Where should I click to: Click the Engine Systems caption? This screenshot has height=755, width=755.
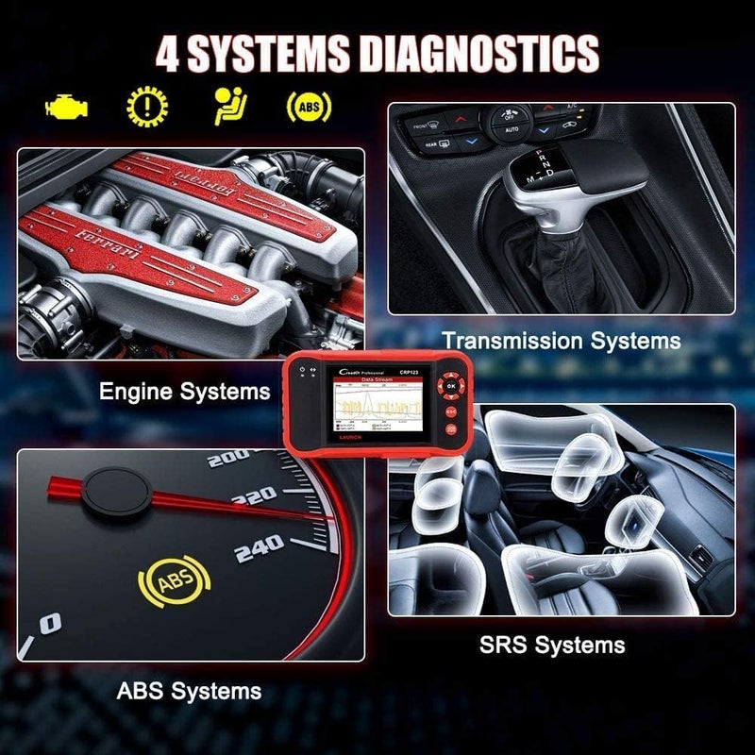[x=185, y=391]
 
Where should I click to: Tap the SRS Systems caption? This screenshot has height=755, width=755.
[x=552, y=646]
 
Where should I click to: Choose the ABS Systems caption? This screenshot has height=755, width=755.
[x=189, y=692]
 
